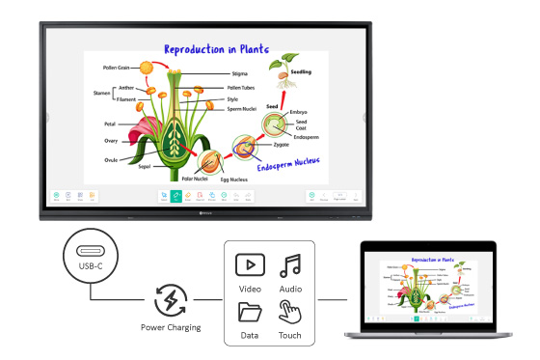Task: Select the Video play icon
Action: pyautogui.click(x=250, y=264)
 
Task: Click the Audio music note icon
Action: pyautogui.click(x=288, y=264)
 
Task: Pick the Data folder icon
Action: pyautogui.click(x=250, y=312)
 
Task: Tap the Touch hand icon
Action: pyautogui.click(x=289, y=312)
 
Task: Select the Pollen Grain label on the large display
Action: pyautogui.click(x=116, y=69)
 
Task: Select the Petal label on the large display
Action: pyautogui.click(x=110, y=125)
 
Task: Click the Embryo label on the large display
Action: pyautogui.click(x=299, y=112)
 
